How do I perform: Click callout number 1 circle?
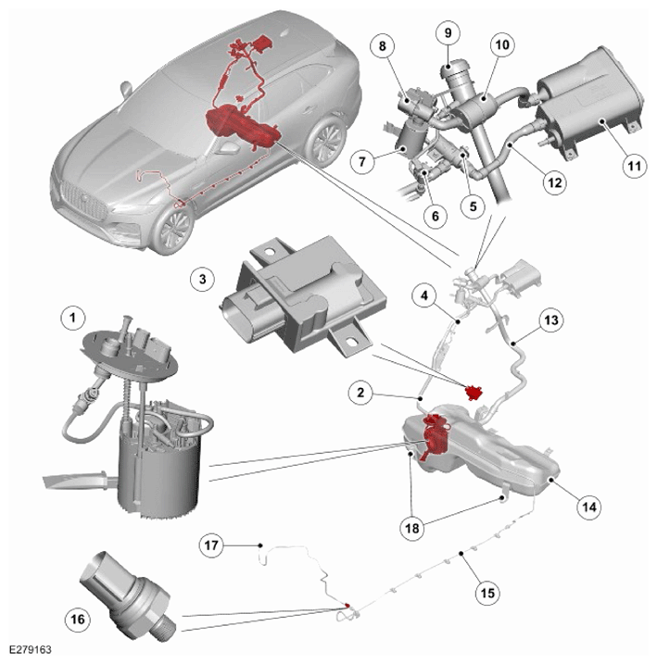73,318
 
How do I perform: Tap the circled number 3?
203,279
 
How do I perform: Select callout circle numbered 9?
449,33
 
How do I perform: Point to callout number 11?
634,165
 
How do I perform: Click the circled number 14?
589,507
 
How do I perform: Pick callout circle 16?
78,620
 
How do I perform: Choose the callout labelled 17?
211,545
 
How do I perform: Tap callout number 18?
412,528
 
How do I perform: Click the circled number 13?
551,319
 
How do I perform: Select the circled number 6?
436,216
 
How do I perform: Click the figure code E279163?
30,649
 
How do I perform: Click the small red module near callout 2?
474,393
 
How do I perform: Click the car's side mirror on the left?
126,89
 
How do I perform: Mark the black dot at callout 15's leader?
461,553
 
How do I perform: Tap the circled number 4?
424,295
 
